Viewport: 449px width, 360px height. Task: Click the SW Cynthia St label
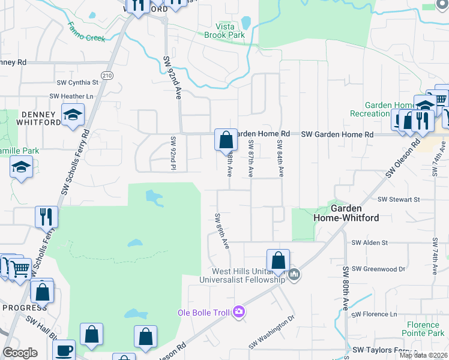click(x=77, y=83)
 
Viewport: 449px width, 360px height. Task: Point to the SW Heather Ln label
click(x=72, y=96)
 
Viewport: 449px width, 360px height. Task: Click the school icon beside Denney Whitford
click(x=73, y=114)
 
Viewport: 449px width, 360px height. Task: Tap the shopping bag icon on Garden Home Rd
click(x=225, y=140)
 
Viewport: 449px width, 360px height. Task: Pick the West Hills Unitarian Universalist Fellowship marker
click(x=294, y=275)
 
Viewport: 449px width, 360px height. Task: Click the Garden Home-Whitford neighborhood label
click(x=355, y=213)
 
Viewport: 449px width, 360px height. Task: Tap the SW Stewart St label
click(x=398, y=199)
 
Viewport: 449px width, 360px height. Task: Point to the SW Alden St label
click(x=370, y=242)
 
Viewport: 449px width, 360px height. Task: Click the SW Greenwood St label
click(x=378, y=269)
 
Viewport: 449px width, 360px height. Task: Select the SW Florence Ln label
click(x=375, y=314)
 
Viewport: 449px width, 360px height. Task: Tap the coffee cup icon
click(x=64, y=351)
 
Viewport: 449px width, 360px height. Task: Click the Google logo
click(x=20, y=353)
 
